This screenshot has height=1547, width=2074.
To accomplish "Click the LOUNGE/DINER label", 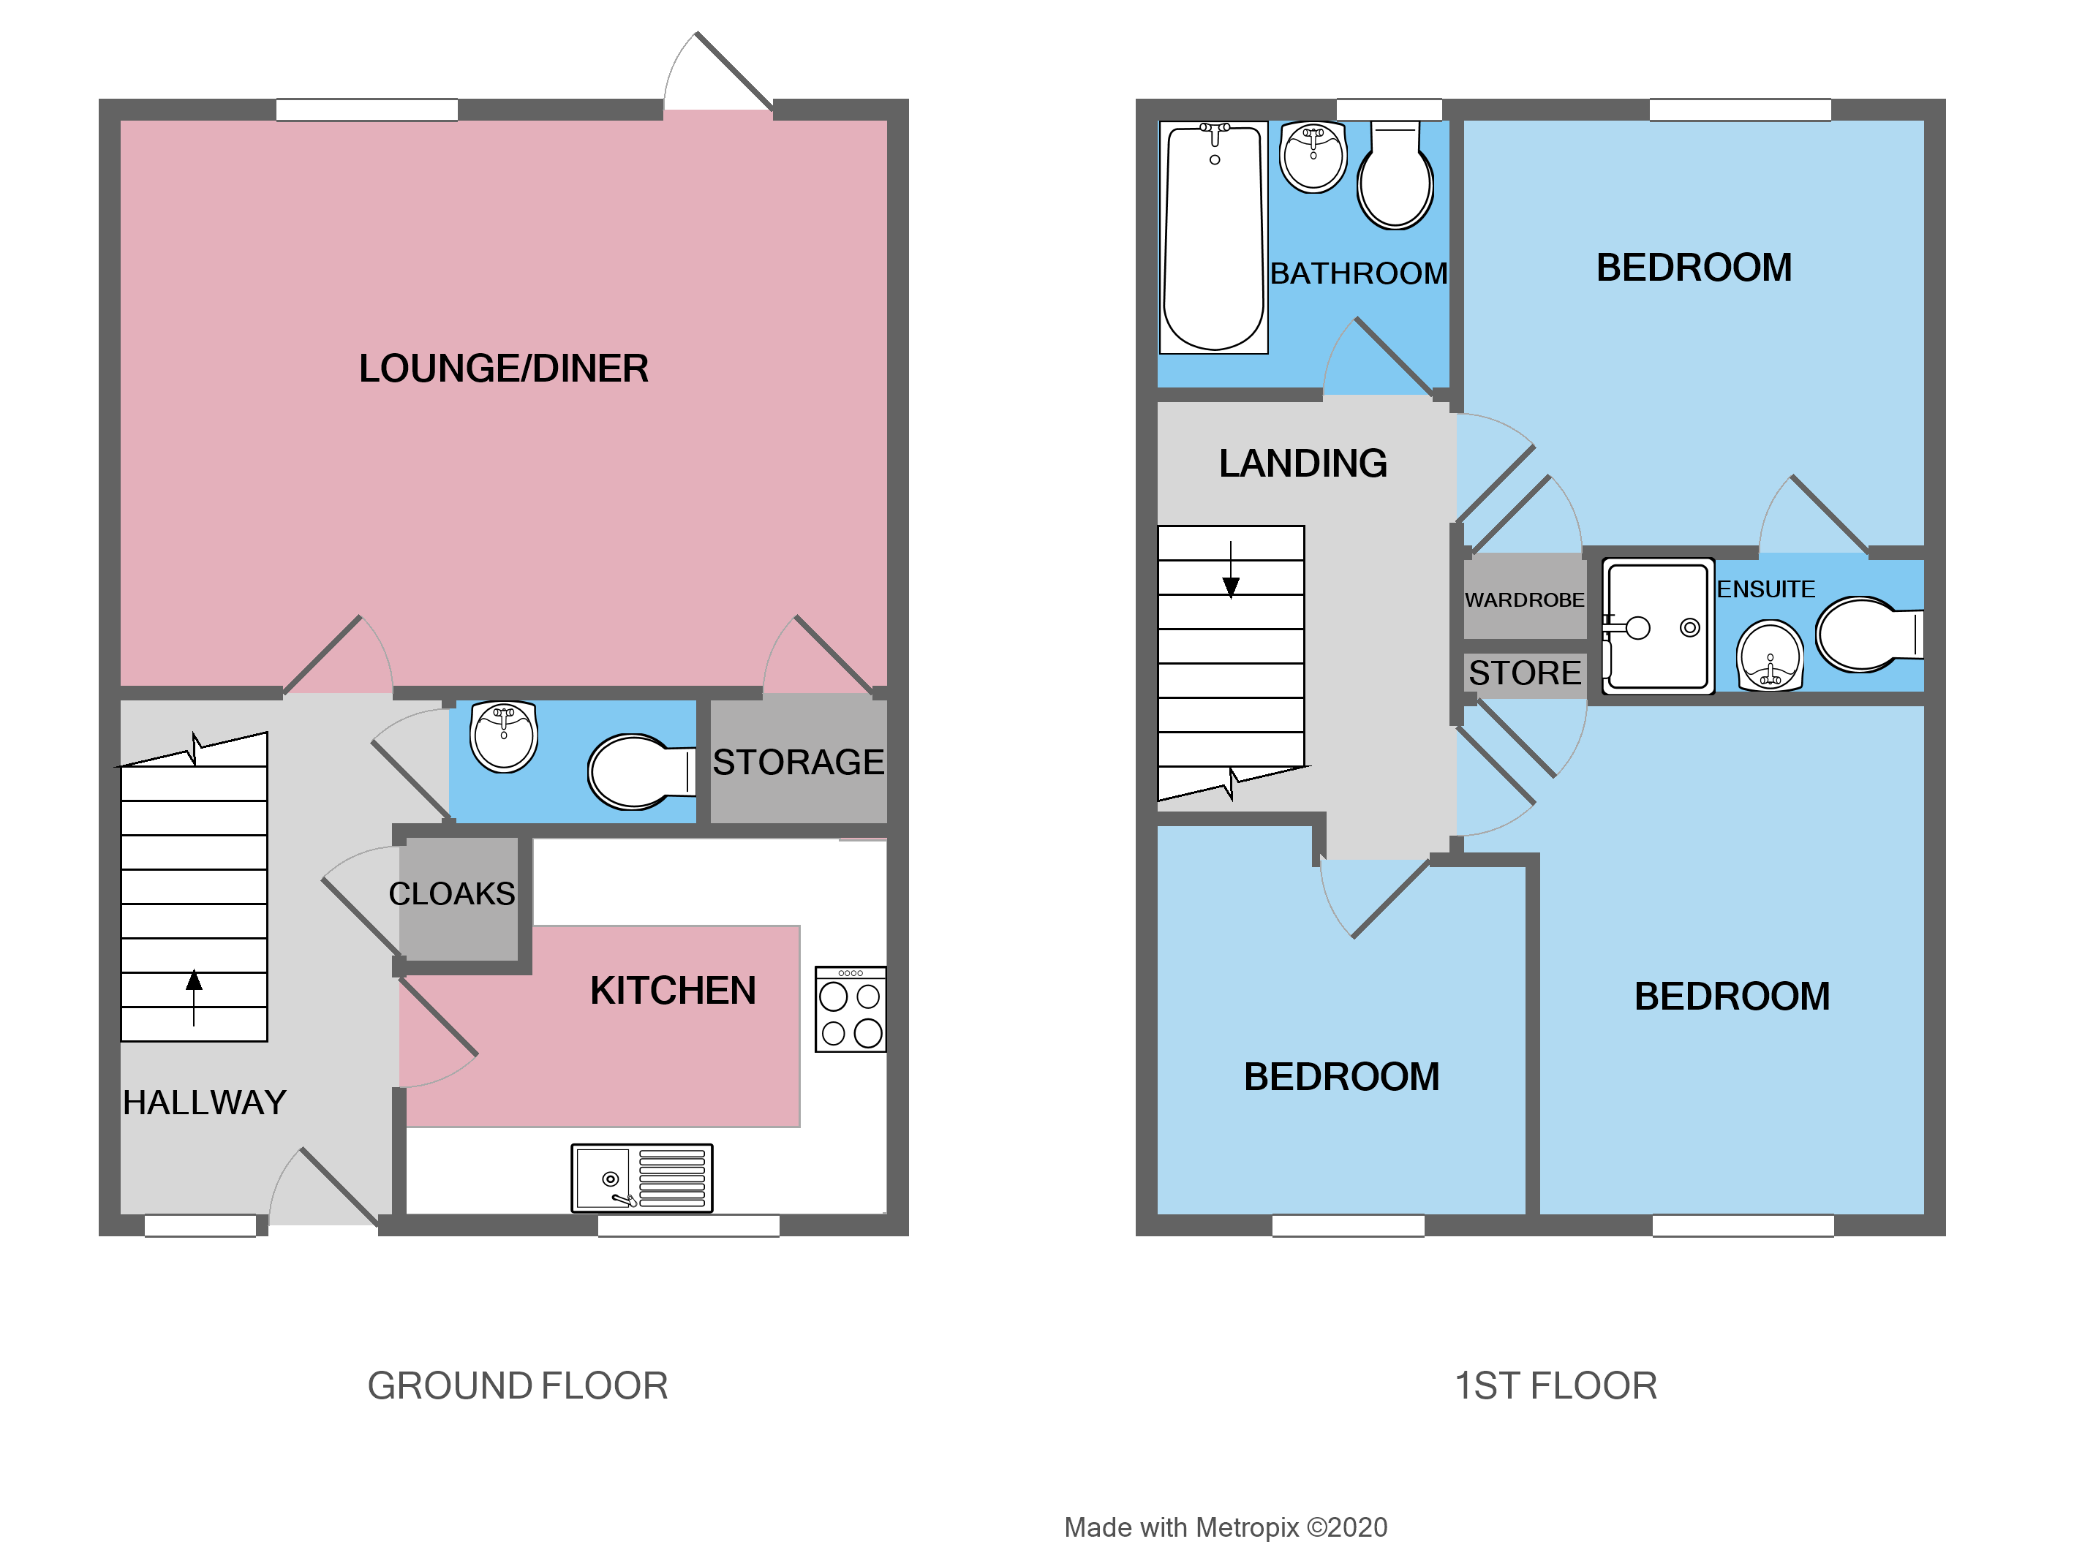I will pyautogui.click(x=503, y=368).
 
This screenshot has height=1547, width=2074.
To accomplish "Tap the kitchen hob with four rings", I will pyautogui.click(x=849, y=1010).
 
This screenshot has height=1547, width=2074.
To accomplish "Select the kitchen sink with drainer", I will pyautogui.click(x=641, y=1177).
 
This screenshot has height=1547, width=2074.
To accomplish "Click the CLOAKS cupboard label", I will pyautogui.click(x=451, y=893).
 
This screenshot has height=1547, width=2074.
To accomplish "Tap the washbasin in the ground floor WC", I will pyautogui.click(x=504, y=736).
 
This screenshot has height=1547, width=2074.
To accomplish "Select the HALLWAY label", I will pyautogui.click(x=204, y=1102).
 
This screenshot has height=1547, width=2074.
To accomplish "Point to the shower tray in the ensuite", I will pyautogui.click(x=1656, y=627).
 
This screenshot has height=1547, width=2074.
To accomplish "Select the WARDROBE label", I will pyautogui.click(x=1524, y=599).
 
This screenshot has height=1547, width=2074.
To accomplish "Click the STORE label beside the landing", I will pyautogui.click(x=1524, y=673).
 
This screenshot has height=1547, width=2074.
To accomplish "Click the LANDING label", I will pyautogui.click(x=1302, y=464).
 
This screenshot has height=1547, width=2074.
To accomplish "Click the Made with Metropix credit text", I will pyautogui.click(x=1224, y=1527).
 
